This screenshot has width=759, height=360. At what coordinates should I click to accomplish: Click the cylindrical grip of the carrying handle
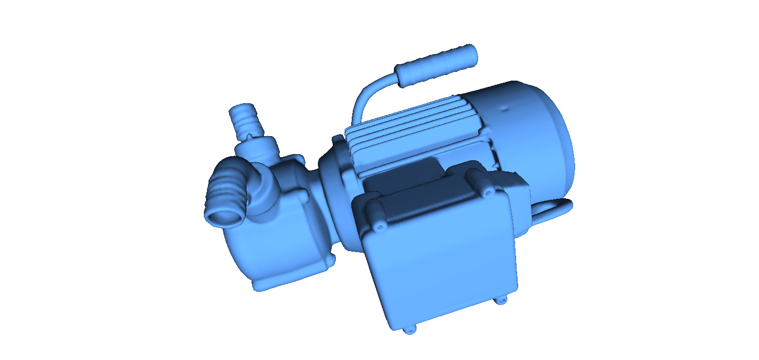pyautogui.click(x=436, y=65)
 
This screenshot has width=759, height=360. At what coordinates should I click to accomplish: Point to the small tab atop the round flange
pyautogui.click(x=337, y=139)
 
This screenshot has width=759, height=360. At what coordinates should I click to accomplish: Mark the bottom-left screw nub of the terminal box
pyautogui.click(x=409, y=331)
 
